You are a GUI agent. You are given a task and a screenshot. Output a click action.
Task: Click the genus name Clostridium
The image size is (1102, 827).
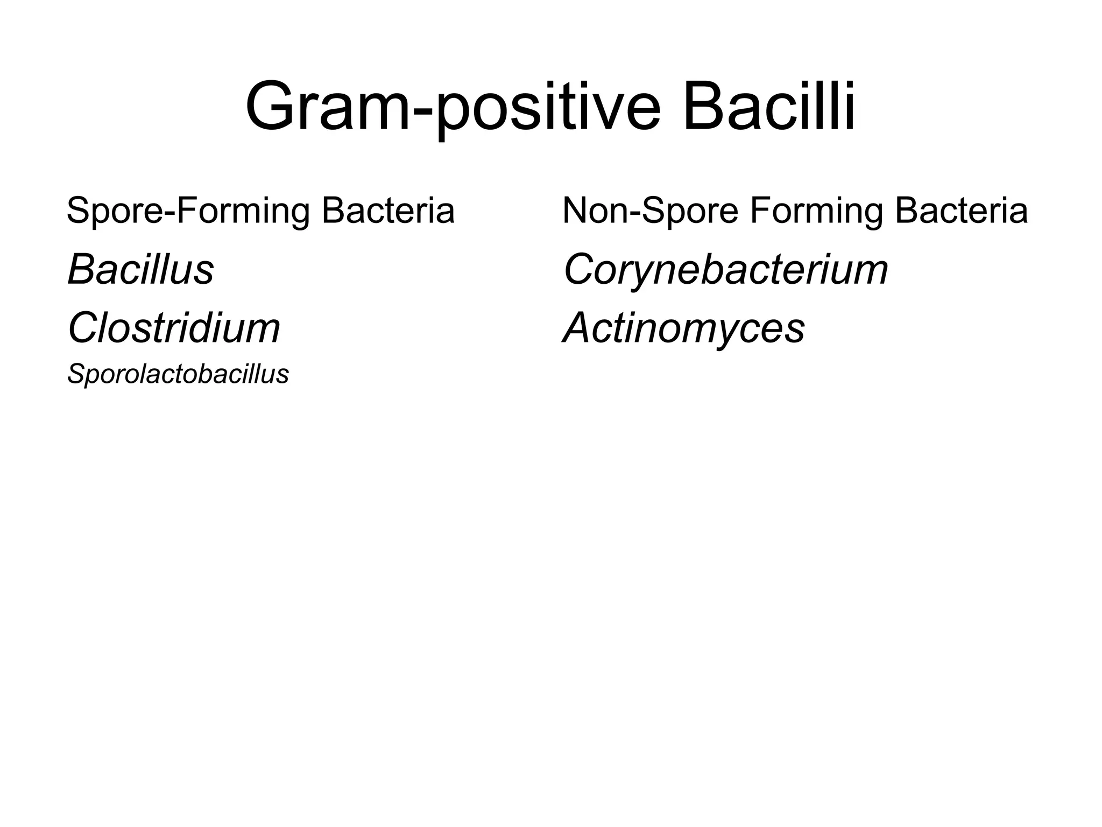click(174, 328)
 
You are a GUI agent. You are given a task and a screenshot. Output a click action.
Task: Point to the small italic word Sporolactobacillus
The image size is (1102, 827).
click(178, 374)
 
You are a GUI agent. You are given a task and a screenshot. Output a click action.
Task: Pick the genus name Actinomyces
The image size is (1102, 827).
click(683, 328)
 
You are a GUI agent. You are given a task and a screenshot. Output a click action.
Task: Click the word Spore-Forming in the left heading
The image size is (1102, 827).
click(188, 211)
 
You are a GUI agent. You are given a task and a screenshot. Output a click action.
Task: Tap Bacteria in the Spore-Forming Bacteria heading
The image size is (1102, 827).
click(388, 211)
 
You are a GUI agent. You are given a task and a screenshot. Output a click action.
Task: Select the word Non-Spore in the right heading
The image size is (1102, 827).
click(650, 211)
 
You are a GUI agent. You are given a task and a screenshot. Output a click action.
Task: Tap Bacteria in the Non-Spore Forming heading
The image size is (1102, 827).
click(961, 211)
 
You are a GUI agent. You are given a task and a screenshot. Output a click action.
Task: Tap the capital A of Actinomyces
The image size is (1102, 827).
click(579, 328)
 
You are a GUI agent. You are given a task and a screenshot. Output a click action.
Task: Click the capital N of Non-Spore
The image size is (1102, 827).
click(576, 211)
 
